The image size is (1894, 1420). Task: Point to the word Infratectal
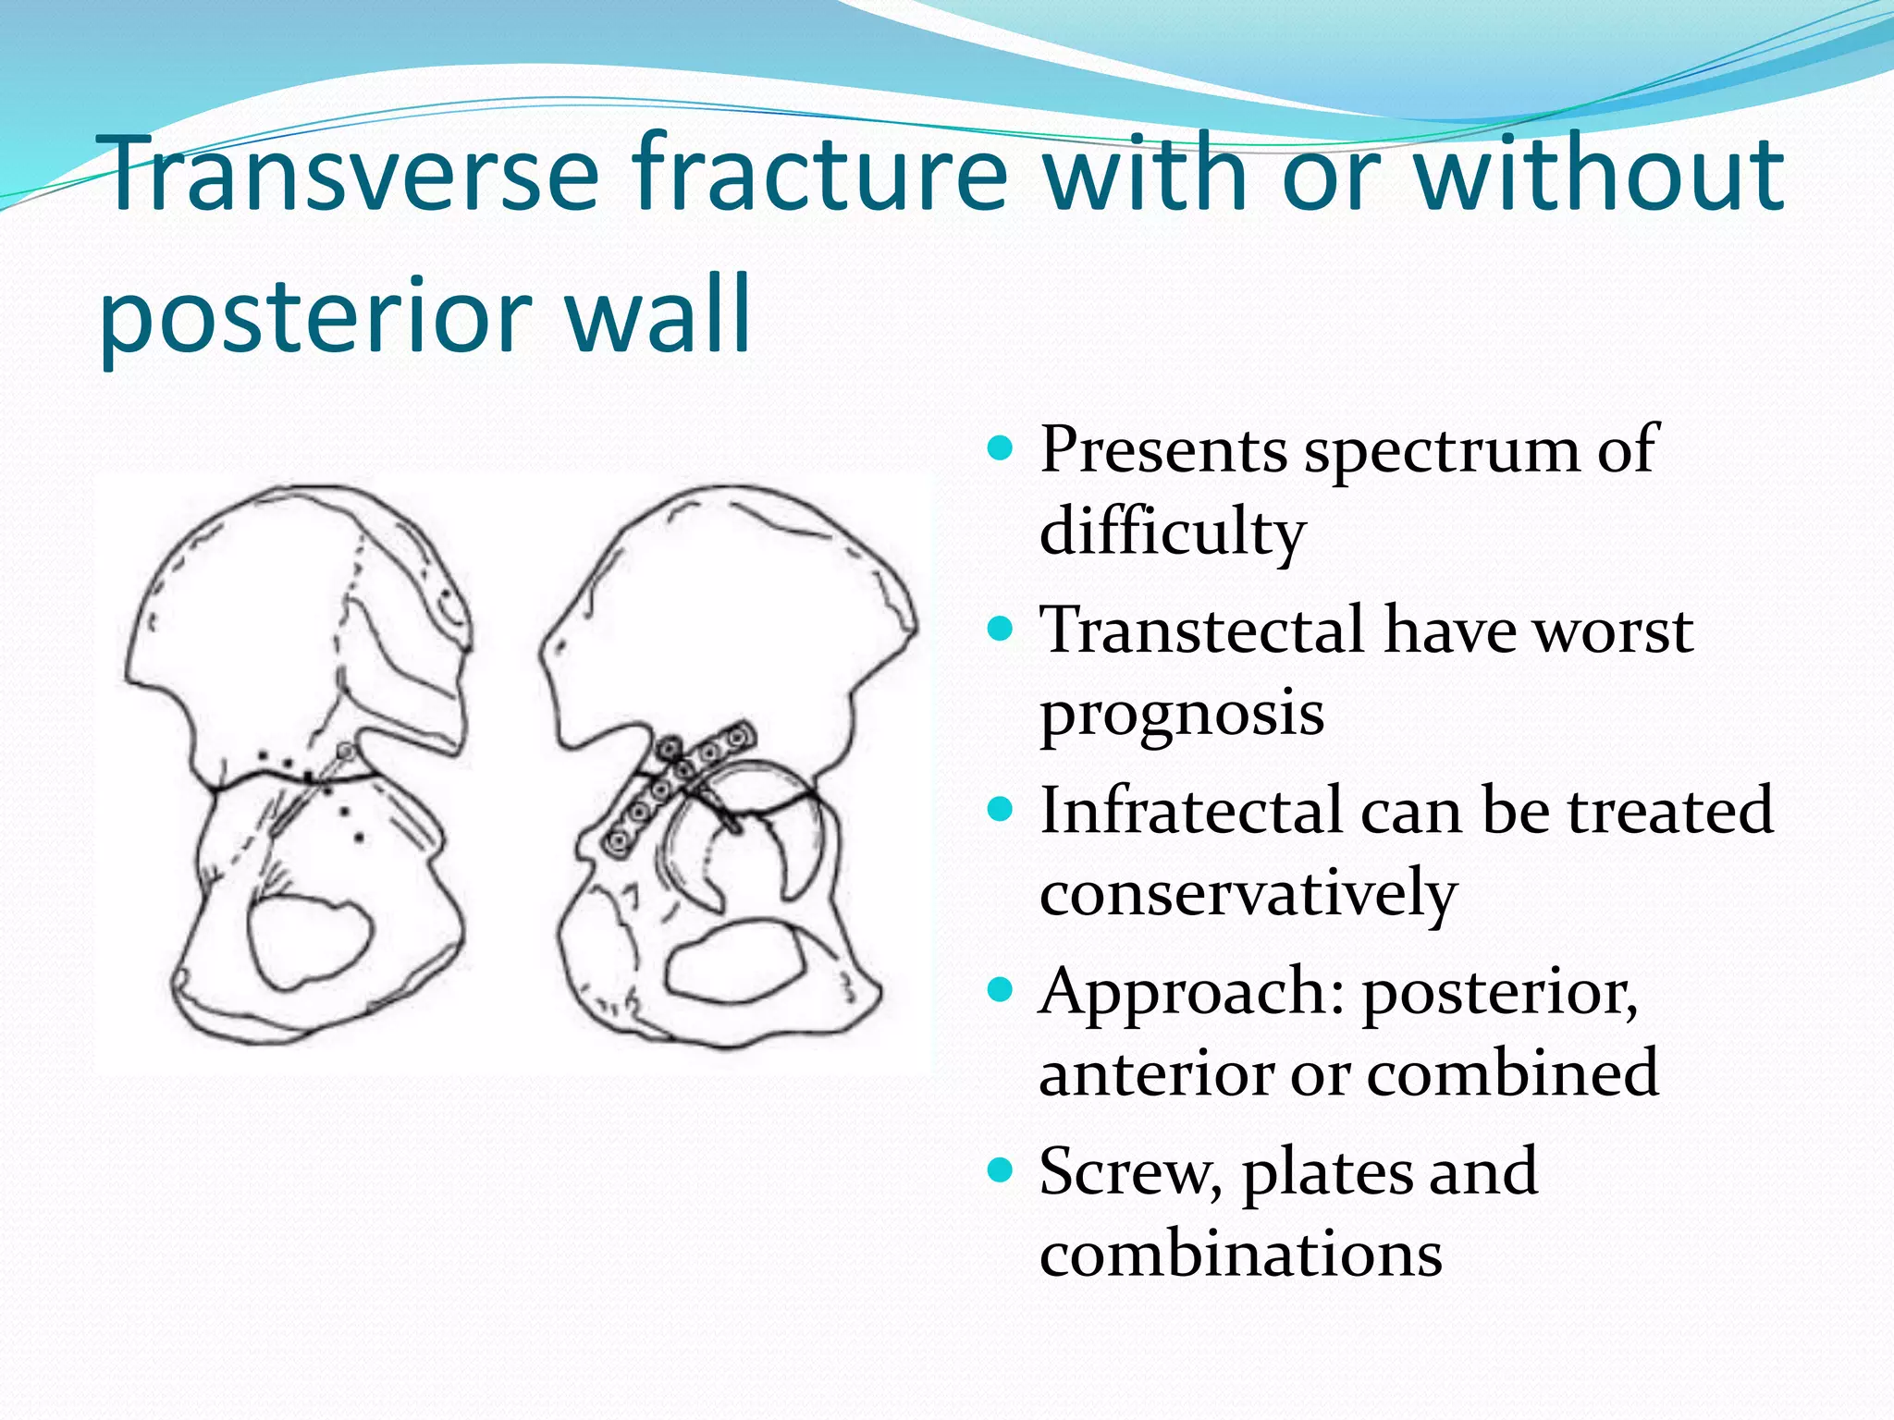coord(1191,811)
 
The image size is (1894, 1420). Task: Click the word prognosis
coord(1181,714)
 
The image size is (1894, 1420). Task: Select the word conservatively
coord(1248,894)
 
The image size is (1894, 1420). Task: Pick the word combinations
coord(1240,1255)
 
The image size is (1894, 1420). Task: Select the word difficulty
coord(1172,533)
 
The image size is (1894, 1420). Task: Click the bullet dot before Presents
coord(1001,450)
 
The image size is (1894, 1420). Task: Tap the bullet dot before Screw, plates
coord(1001,1171)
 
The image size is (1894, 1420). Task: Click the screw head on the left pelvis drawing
coord(345,752)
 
